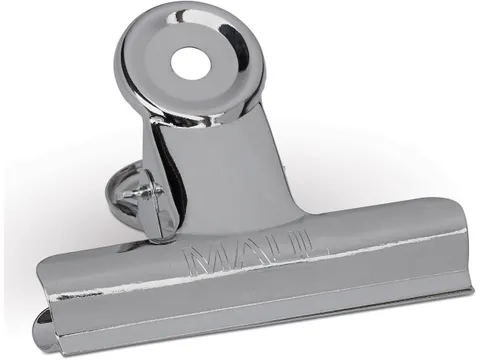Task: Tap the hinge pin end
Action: [144, 193]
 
